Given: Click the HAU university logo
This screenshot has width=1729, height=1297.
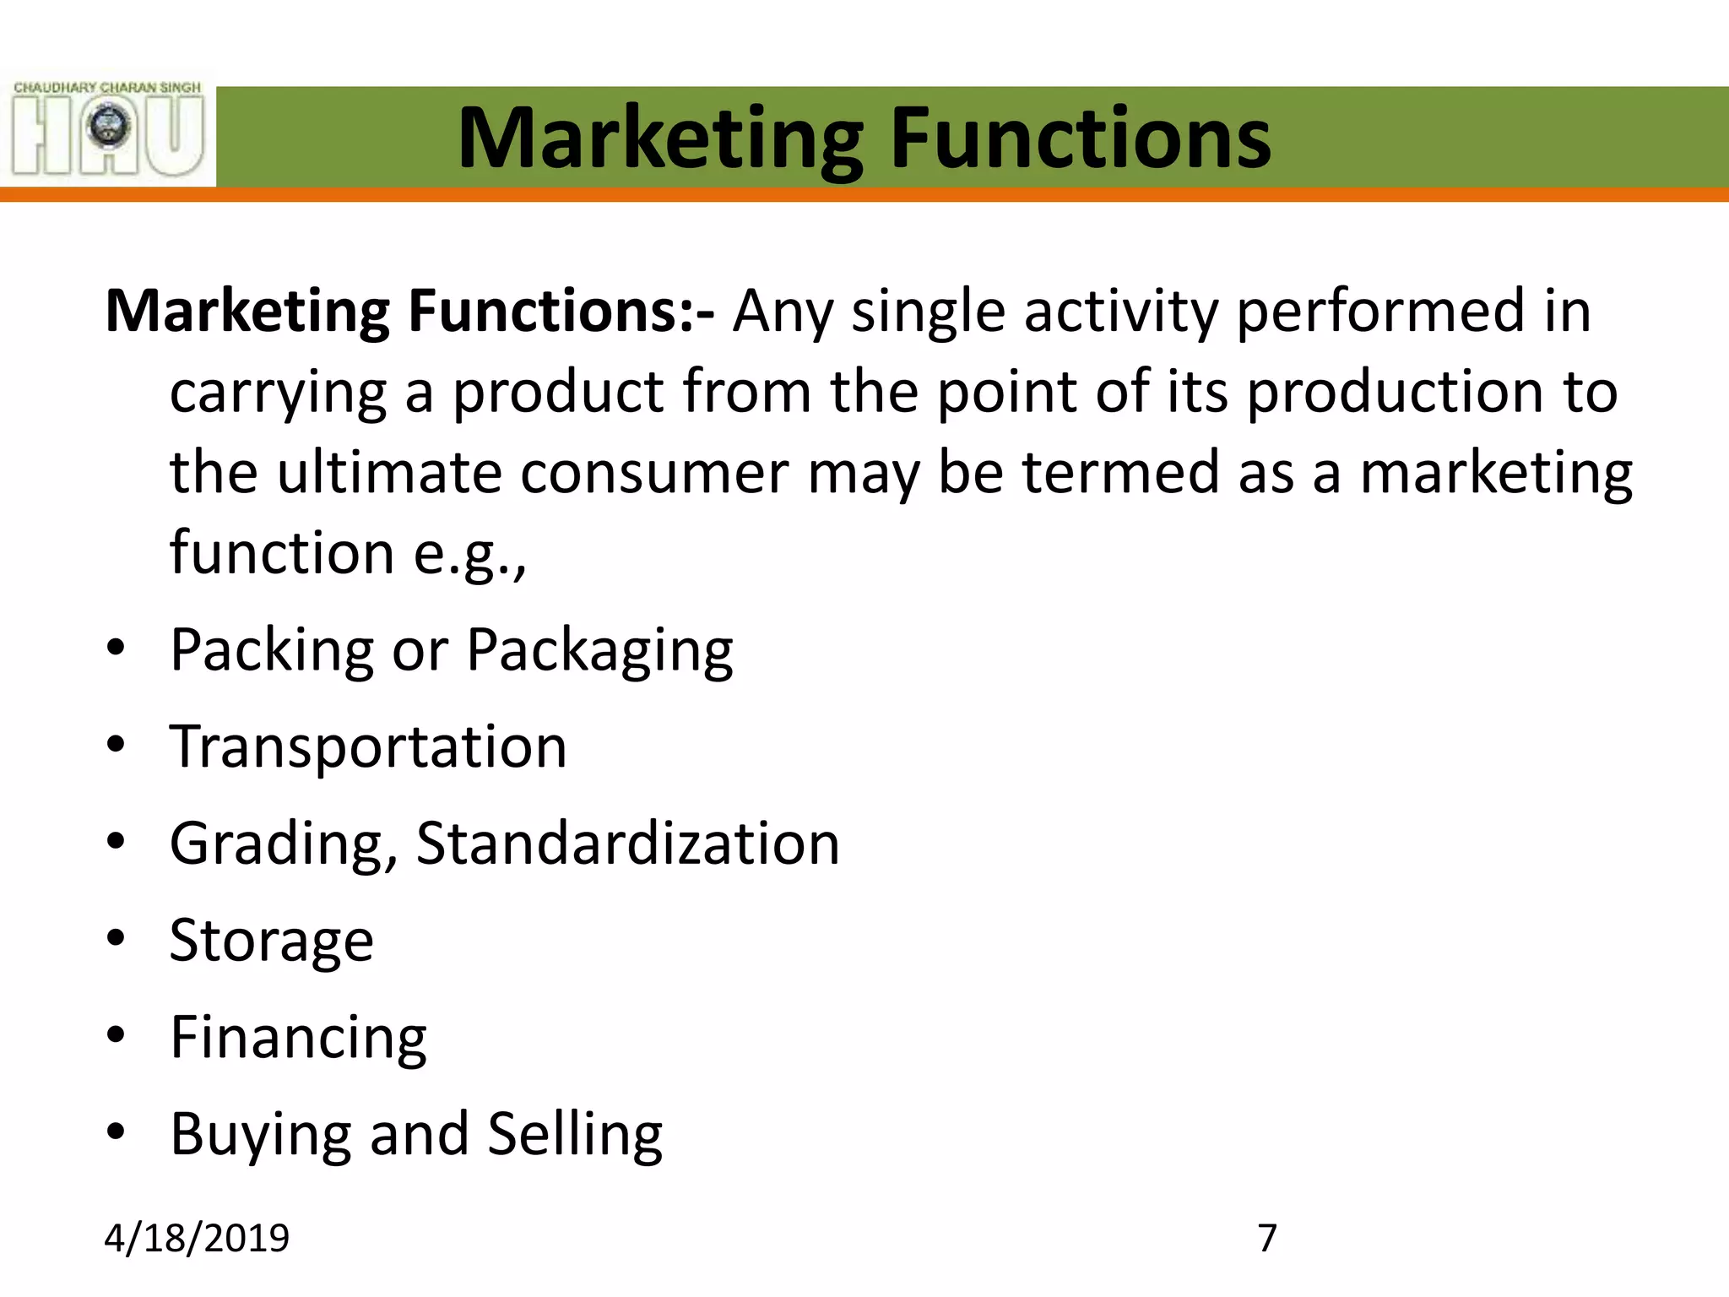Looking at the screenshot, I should pyautogui.click(x=108, y=129).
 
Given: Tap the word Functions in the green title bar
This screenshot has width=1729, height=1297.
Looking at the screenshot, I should pyautogui.click(x=1080, y=138).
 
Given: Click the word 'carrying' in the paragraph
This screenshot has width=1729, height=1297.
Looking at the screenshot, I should pyautogui.click(x=278, y=393).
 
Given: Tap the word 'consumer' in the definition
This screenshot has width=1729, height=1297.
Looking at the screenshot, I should pyautogui.click(x=654, y=473).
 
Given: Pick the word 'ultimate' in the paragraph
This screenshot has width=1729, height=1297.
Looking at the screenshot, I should pyautogui.click(x=389, y=473).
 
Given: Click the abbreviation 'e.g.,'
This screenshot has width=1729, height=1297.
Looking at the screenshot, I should pyautogui.click(x=469, y=554).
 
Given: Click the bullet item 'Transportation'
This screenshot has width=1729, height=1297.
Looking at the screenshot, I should pyautogui.click(x=368, y=747).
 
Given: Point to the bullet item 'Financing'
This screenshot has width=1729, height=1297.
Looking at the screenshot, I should pyautogui.click(x=298, y=1038).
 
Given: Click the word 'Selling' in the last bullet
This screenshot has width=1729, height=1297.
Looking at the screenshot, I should pyautogui.click(x=575, y=1134).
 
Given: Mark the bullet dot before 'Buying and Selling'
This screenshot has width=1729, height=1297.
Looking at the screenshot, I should pyautogui.click(x=117, y=1131).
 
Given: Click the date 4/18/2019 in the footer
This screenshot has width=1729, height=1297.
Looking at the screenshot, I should pyautogui.click(x=197, y=1238).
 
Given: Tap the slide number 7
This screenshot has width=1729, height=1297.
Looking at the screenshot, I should pyautogui.click(x=1267, y=1238).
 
